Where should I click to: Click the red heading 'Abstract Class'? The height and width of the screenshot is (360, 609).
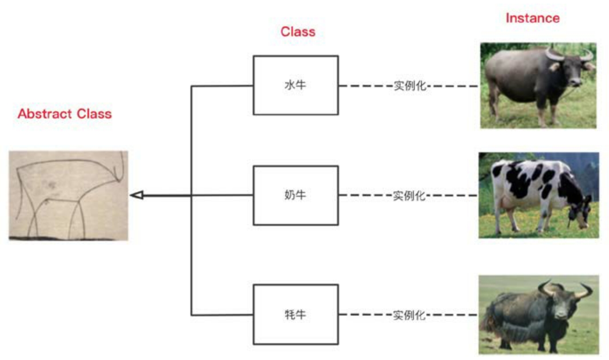pos(65,114)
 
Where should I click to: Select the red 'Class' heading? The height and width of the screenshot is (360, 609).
pos(298,32)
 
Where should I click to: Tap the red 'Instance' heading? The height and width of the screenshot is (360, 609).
pos(533,18)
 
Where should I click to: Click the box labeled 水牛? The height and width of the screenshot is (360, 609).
pos(296,85)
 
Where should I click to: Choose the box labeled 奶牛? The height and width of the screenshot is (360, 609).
pos(296,195)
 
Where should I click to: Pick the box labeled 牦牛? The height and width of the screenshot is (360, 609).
pos(296,315)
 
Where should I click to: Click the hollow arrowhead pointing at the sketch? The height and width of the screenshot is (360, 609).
pos(137,195)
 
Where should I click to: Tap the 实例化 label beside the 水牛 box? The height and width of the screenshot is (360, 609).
pos(410,86)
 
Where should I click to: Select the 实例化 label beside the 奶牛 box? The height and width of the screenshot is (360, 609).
pos(409,196)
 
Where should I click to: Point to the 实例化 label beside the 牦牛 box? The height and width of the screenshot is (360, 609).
pos(409,315)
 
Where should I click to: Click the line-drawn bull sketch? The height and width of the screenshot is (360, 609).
pos(68,196)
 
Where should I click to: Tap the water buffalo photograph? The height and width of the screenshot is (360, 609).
pos(538,85)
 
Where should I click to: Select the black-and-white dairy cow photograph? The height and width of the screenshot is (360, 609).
pos(539,195)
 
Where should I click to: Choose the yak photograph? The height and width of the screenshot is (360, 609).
pos(539,315)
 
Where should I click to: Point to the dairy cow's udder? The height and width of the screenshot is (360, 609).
pos(506,203)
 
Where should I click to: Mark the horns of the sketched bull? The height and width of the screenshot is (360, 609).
pos(120,167)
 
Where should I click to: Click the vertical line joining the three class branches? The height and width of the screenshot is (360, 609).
pos(192,201)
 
